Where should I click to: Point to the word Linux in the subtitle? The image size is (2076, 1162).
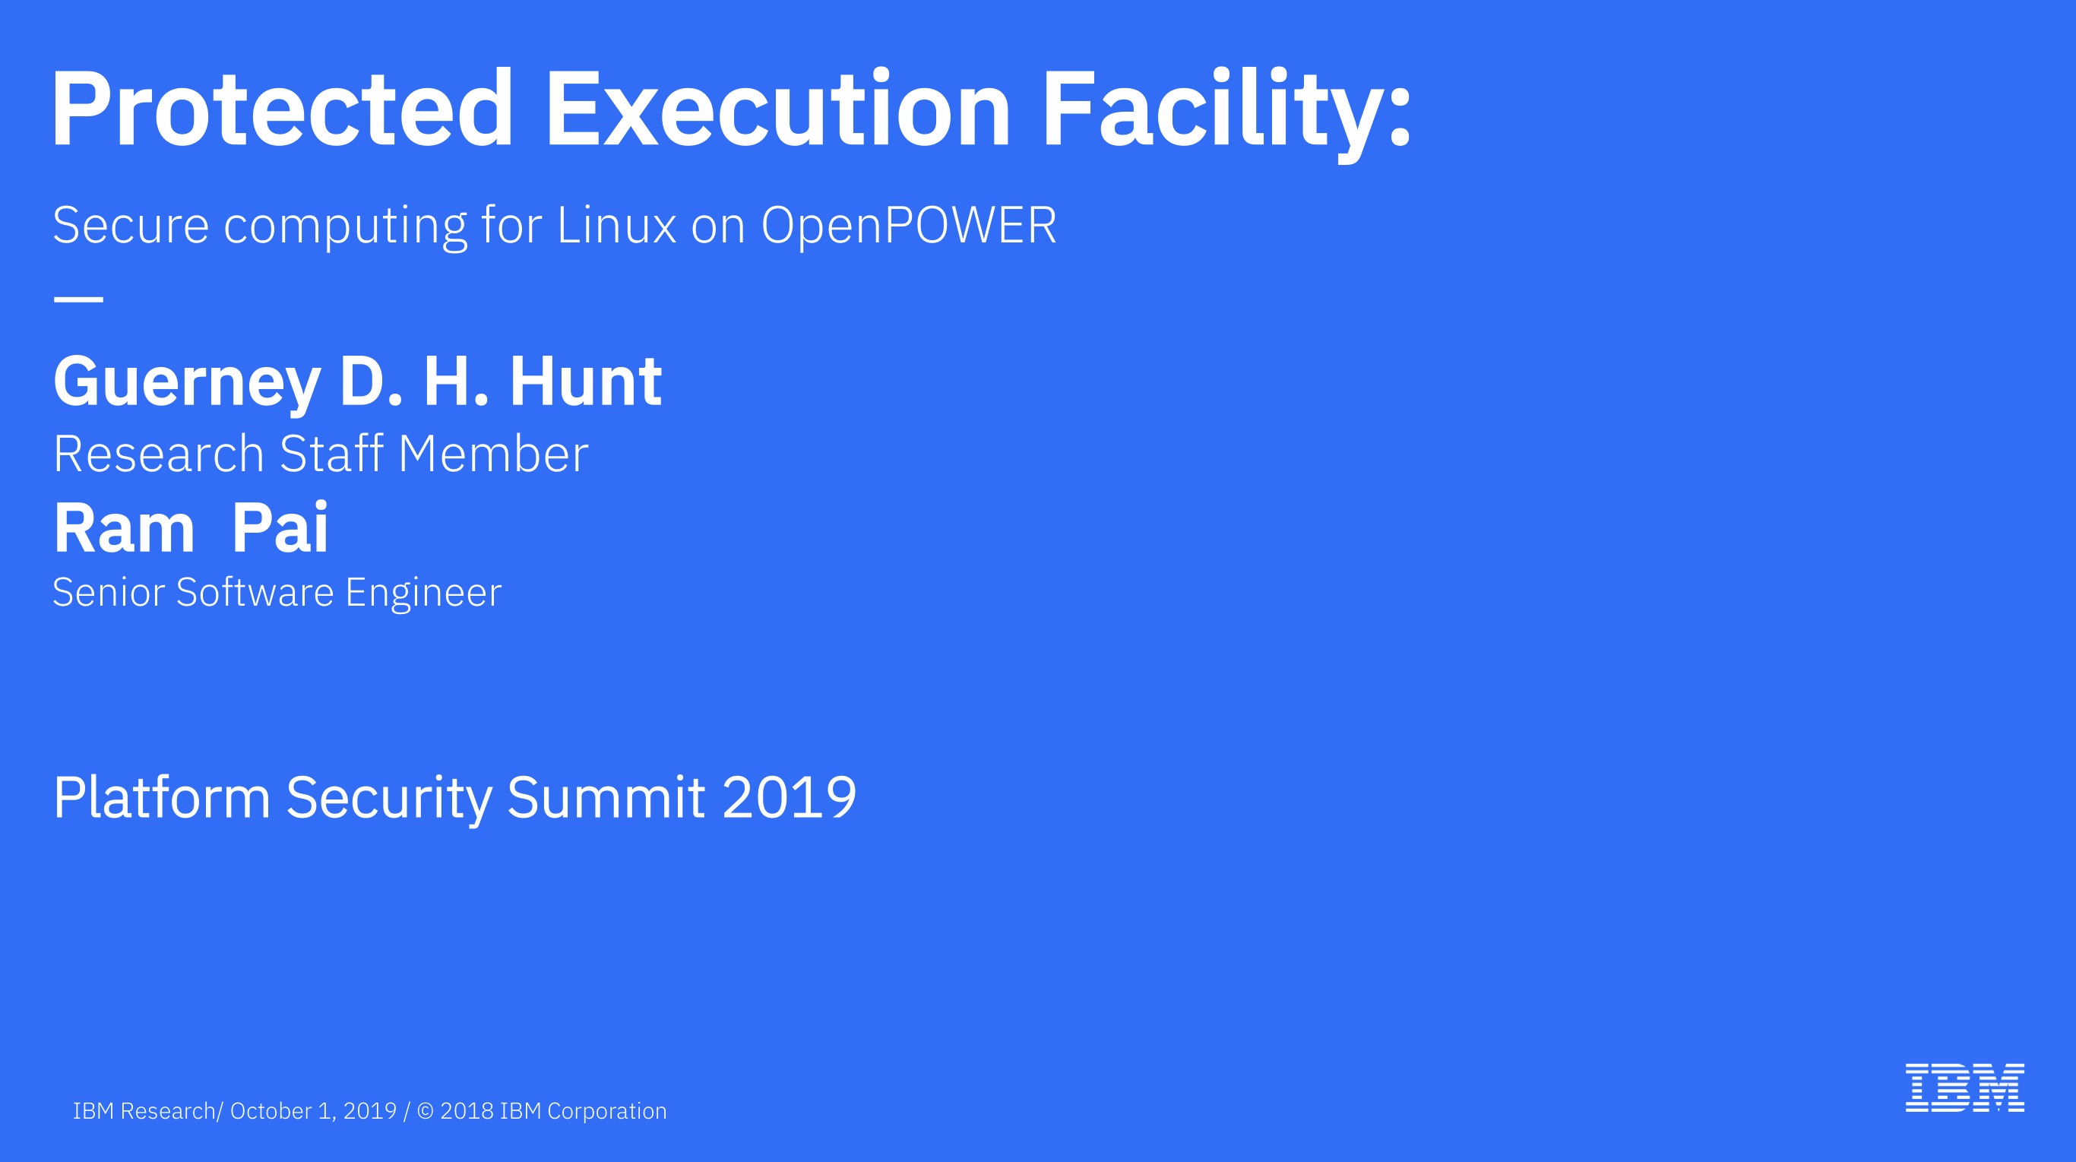(x=616, y=225)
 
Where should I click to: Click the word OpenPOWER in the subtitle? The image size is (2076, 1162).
(x=908, y=225)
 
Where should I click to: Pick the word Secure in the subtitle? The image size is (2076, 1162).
(x=131, y=225)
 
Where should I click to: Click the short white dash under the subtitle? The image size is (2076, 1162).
(x=78, y=299)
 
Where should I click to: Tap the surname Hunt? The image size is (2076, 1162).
(x=585, y=382)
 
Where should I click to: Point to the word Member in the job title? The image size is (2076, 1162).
(x=493, y=454)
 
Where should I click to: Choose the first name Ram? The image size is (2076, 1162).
(x=124, y=529)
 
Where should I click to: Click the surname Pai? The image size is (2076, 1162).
(x=280, y=529)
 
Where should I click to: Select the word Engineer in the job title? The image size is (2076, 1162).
(x=423, y=593)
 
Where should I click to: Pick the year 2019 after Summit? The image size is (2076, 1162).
(x=789, y=798)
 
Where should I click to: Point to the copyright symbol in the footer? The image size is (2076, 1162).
(x=425, y=1111)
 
